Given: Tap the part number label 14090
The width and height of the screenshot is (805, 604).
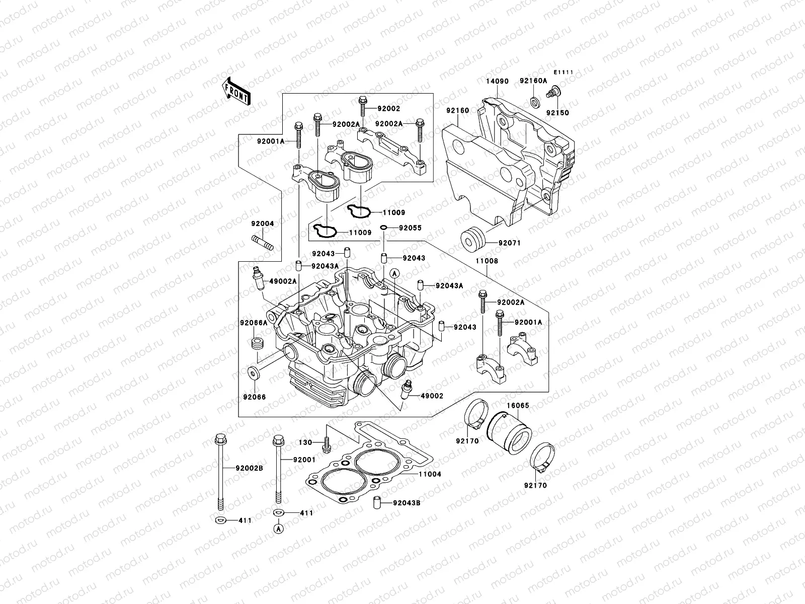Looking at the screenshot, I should coord(497,80).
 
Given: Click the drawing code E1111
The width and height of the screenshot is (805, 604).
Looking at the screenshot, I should coord(564,72).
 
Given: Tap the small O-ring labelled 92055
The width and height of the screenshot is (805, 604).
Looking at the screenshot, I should coord(383,228).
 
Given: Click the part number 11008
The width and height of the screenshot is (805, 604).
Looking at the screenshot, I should coord(486,261).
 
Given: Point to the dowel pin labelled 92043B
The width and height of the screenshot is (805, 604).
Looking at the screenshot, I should coord(376,502).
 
